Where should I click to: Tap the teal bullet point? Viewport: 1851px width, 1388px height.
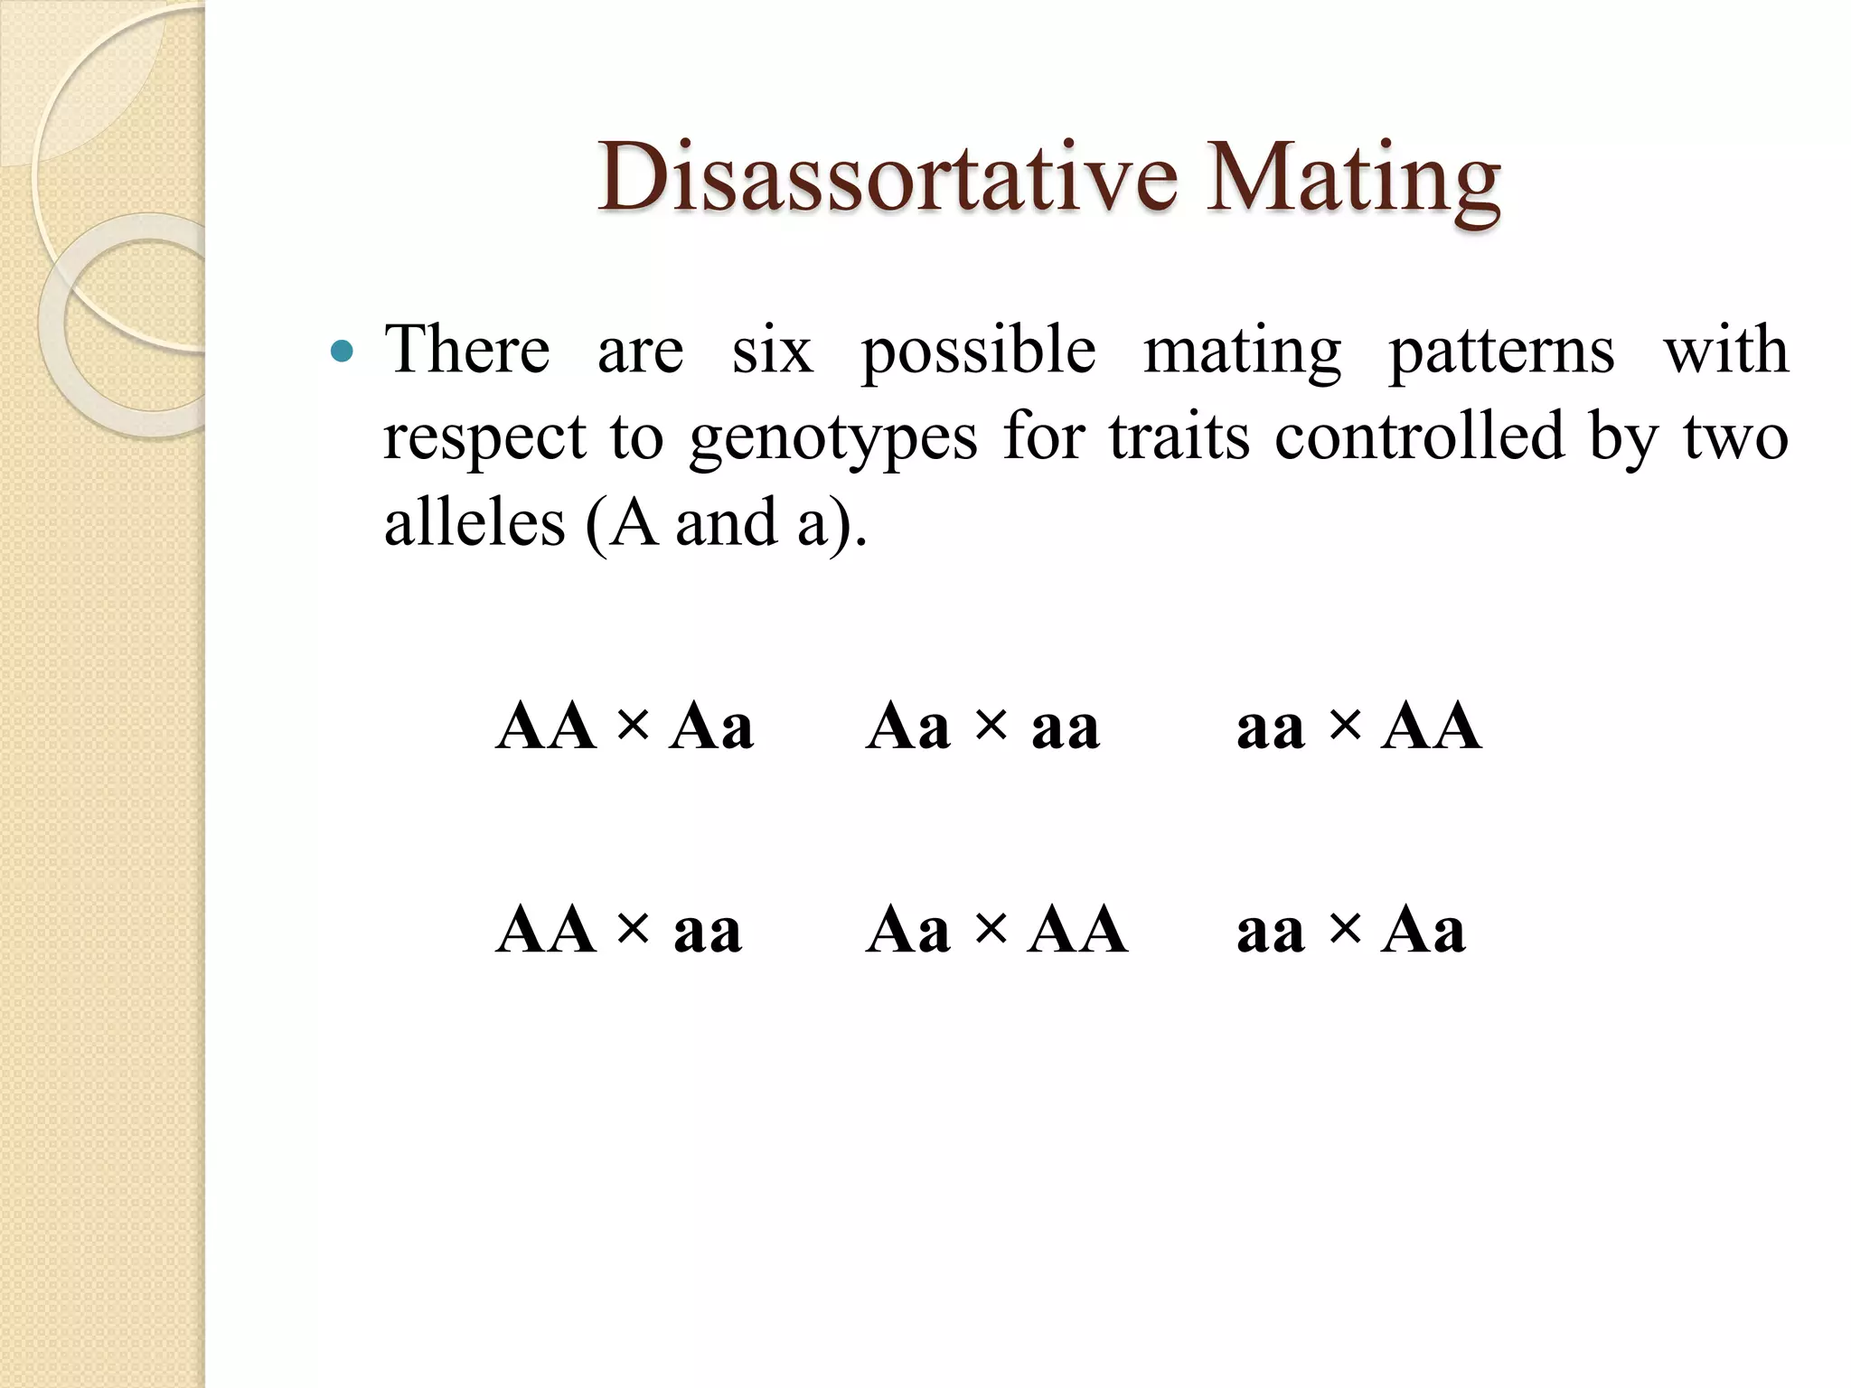click(343, 351)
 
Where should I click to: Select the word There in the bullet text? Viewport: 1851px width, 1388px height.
click(467, 350)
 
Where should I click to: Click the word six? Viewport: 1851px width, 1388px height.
click(772, 350)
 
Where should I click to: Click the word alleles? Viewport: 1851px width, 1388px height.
click(474, 523)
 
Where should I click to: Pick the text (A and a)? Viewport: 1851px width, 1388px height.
click(727, 524)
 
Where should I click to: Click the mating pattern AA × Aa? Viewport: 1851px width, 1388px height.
click(625, 727)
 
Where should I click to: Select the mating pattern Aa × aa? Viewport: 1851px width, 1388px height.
click(982, 727)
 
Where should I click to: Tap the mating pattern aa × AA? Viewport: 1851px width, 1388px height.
click(1358, 727)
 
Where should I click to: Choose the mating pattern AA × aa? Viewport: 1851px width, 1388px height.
click(619, 930)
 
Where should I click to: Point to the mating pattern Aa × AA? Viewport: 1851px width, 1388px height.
click(996, 930)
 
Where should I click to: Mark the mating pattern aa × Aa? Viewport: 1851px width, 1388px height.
click(1350, 930)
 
